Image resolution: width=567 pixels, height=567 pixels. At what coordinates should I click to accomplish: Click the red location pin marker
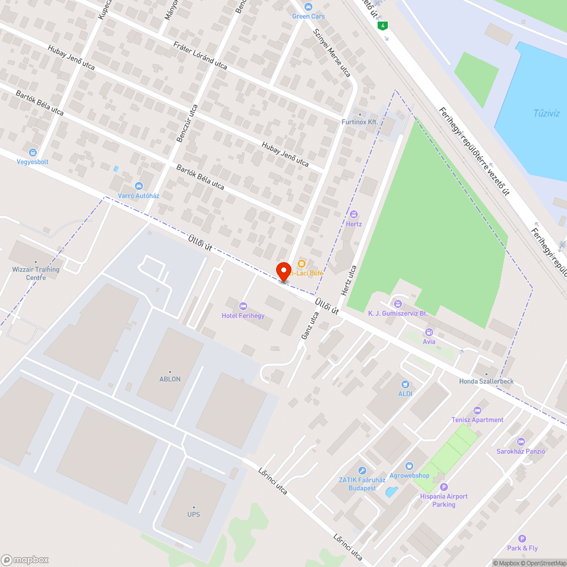(283, 271)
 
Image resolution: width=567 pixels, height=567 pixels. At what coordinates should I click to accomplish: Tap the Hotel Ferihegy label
(243, 316)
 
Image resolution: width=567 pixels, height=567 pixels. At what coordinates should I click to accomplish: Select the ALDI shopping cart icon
(405, 384)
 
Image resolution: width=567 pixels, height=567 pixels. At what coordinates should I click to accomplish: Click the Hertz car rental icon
(354, 214)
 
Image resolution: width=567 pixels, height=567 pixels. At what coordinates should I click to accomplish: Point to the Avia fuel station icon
(429, 332)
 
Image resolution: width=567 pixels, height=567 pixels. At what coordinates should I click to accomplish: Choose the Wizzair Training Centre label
(36, 273)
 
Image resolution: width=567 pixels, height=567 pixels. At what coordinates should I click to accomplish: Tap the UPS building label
(193, 514)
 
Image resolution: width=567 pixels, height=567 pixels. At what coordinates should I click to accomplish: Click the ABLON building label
(170, 379)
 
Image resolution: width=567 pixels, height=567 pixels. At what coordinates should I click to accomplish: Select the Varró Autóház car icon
(138, 186)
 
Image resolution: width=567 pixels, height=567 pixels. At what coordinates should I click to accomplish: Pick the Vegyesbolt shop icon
(33, 152)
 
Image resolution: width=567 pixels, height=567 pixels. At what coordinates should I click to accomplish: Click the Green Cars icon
(308, 7)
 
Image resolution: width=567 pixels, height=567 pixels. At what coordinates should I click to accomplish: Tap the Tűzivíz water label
(547, 113)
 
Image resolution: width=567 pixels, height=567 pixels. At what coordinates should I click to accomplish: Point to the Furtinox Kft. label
(359, 122)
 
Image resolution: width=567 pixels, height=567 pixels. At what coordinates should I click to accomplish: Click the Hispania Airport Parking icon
(444, 486)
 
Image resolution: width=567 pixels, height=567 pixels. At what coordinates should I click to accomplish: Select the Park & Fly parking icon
(522, 539)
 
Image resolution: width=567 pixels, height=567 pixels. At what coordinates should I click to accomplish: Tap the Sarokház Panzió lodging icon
(521, 442)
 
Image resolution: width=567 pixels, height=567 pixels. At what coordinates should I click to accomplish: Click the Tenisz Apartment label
(477, 420)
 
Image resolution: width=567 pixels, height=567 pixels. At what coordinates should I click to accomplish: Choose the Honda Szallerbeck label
(486, 381)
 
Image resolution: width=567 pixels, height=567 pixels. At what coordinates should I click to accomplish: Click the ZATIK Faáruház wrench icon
(362, 470)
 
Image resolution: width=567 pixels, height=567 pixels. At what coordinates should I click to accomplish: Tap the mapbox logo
(25, 560)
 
